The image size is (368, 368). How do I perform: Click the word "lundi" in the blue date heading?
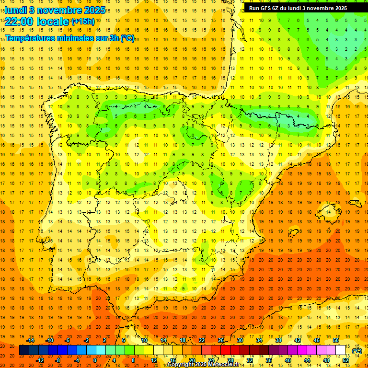(16, 10)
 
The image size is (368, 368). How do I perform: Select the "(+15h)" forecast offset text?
(82, 21)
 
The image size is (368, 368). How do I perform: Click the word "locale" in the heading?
(52, 21)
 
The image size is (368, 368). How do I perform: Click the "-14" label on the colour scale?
(30, 340)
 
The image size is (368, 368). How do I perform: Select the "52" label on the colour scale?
(345, 360)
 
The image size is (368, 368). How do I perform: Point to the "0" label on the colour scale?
(95, 360)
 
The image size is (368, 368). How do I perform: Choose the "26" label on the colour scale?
(221, 340)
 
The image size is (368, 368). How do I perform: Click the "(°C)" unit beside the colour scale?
(357, 351)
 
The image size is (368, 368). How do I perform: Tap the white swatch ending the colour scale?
(340, 350)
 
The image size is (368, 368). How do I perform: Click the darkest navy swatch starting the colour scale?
(24, 350)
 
